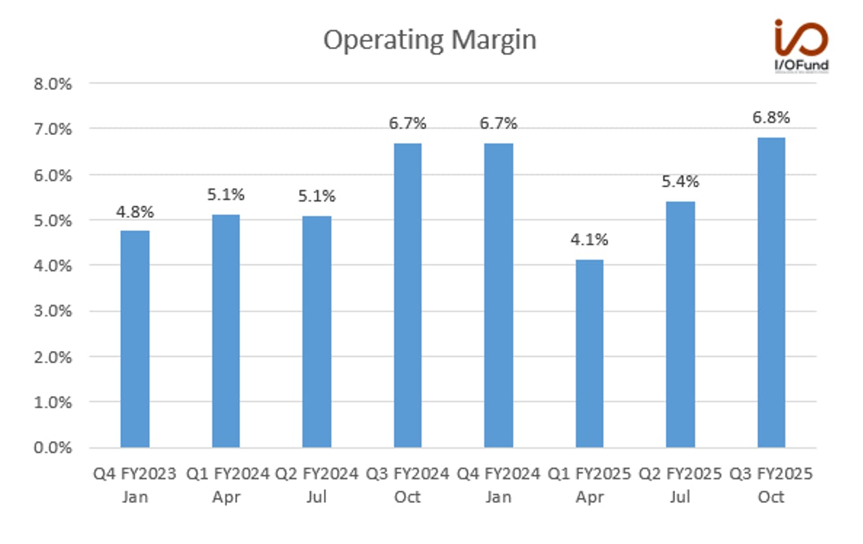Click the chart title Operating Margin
tap(430, 40)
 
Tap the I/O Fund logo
tap(802, 46)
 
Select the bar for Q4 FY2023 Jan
tap(135, 339)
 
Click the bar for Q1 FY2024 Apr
tap(226, 331)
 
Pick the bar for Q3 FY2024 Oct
tap(407, 295)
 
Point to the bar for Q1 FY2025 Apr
tap(589, 354)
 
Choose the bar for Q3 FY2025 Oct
tap(772, 293)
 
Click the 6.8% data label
tap(772, 117)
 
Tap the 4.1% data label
tap(589, 239)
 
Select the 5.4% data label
tap(680, 181)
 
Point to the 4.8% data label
tap(135, 212)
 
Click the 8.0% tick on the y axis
tap(53, 84)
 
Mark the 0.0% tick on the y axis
tap(53, 447)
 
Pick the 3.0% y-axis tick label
tap(53, 311)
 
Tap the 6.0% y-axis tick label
tap(53, 175)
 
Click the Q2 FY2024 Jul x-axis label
tap(317, 485)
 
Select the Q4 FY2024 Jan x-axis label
tap(499, 485)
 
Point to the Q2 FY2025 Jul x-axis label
tap(680, 485)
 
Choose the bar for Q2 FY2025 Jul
tap(680, 325)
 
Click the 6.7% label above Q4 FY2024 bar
tap(499, 123)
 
